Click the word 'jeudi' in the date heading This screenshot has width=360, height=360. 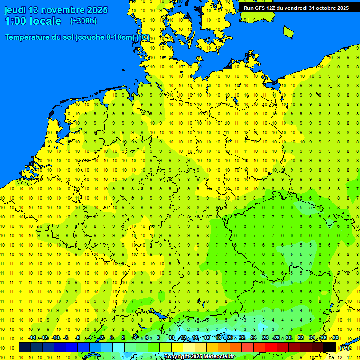point(15,10)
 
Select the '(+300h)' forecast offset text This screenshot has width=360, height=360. point(83,21)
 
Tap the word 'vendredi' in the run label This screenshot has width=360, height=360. point(295,8)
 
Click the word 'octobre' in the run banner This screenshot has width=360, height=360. point(323,8)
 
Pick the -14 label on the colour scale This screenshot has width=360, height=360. point(32,338)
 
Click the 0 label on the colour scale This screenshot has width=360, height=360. point(112,338)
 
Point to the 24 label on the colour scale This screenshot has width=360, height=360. point(254,338)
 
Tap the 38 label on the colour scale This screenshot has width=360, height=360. point(336,338)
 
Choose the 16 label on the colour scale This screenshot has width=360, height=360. point(207,338)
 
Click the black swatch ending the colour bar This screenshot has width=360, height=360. point(330,347)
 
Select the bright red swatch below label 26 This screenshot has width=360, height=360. point(271,347)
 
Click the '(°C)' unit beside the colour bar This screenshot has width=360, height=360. point(345,348)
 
